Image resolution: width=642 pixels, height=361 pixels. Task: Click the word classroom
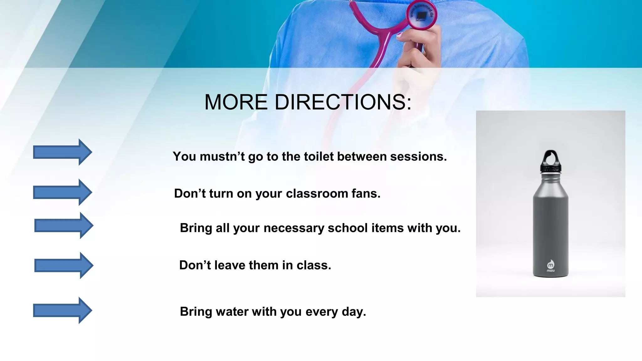click(317, 194)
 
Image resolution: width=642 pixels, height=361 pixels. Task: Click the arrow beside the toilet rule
click(63, 152)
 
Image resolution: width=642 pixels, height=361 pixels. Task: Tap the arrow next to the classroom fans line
click(63, 192)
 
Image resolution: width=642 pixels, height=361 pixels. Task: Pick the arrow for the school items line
click(64, 226)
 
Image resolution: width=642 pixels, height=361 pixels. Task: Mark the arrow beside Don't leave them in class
click(64, 265)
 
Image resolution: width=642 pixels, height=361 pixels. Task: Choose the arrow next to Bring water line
click(63, 311)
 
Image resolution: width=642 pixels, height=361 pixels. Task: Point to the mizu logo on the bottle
click(550, 266)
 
